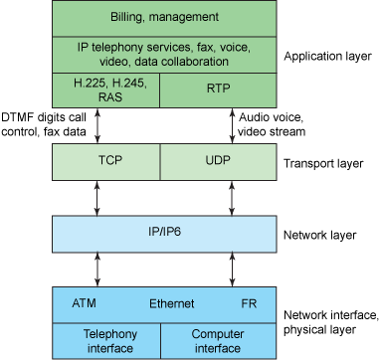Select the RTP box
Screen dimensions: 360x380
coord(217,87)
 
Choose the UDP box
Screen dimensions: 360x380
coord(217,160)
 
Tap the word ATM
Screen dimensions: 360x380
coord(85,303)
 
